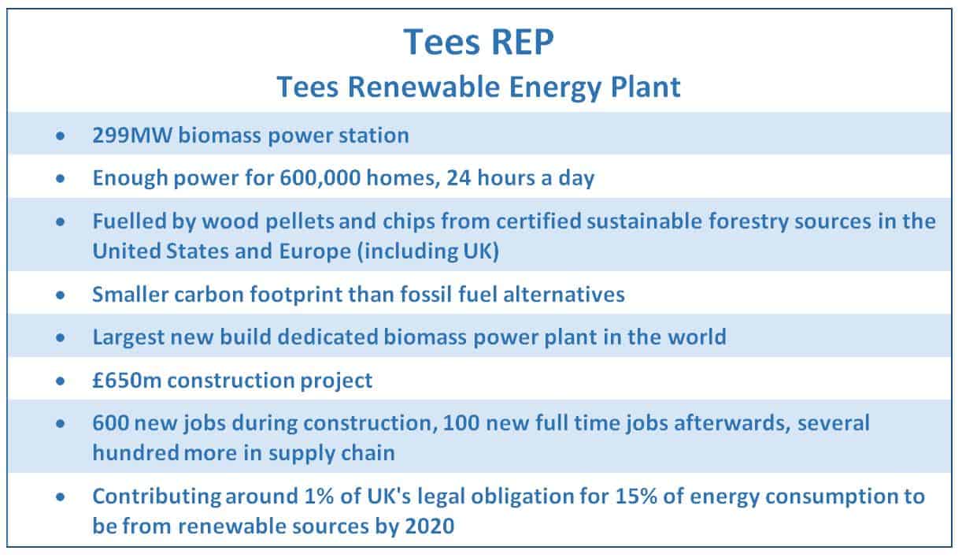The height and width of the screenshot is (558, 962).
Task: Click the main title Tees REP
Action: click(x=479, y=42)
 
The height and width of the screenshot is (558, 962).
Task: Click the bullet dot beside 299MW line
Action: click(x=61, y=136)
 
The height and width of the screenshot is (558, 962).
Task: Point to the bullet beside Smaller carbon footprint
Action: click(x=61, y=296)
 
